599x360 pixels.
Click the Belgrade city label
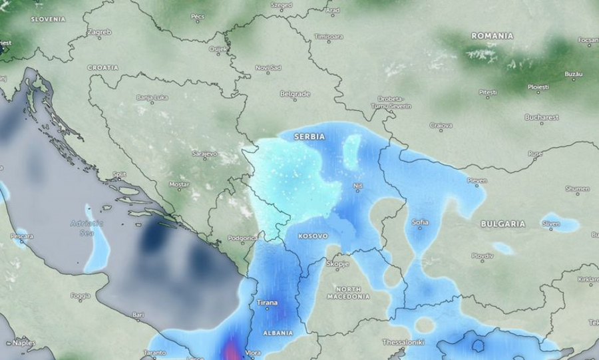pos(295,94)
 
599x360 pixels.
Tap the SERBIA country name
pos(309,136)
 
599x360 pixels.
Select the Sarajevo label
pos(204,154)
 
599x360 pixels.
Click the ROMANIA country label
pos(492,35)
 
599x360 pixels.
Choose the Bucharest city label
pos(541,117)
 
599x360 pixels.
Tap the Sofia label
pos(420,222)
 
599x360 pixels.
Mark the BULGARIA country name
pos(502,224)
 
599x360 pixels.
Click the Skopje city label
pos(337,264)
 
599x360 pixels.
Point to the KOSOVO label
pos(313,236)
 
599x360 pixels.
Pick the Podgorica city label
pos(243,238)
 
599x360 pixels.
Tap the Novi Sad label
pos(269,68)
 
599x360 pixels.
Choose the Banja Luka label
pos(152,98)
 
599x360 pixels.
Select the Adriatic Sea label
pos(87,228)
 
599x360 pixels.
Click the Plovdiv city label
pos(482,256)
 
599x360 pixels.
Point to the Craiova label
pos(441,125)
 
